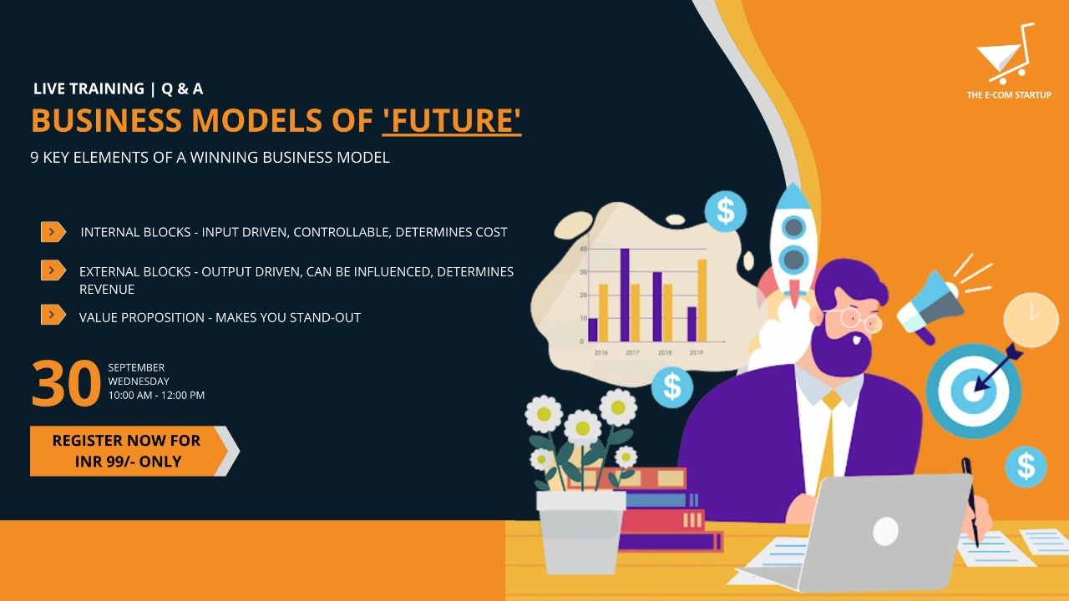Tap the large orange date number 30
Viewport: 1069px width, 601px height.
point(66,383)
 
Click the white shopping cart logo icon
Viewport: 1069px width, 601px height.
point(1006,53)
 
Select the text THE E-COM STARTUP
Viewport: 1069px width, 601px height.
point(1009,95)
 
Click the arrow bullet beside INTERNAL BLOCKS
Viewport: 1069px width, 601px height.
point(53,232)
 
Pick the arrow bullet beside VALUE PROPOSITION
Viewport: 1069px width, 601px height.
point(53,315)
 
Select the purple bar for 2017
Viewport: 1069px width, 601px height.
point(625,295)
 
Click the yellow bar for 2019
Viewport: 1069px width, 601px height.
point(702,300)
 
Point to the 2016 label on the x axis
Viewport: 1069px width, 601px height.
point(600,352)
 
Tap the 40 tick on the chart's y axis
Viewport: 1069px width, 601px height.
point(583,249)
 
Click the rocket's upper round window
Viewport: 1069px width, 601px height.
point(793,228)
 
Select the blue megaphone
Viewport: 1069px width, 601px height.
point(930,306)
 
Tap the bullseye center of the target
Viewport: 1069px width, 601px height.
point(971,391)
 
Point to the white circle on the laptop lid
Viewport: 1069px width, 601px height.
point(886,531)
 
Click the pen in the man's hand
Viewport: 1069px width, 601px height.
point(970,502)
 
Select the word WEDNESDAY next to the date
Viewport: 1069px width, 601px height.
point(139,381)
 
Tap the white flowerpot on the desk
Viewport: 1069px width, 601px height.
point(580,533)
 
